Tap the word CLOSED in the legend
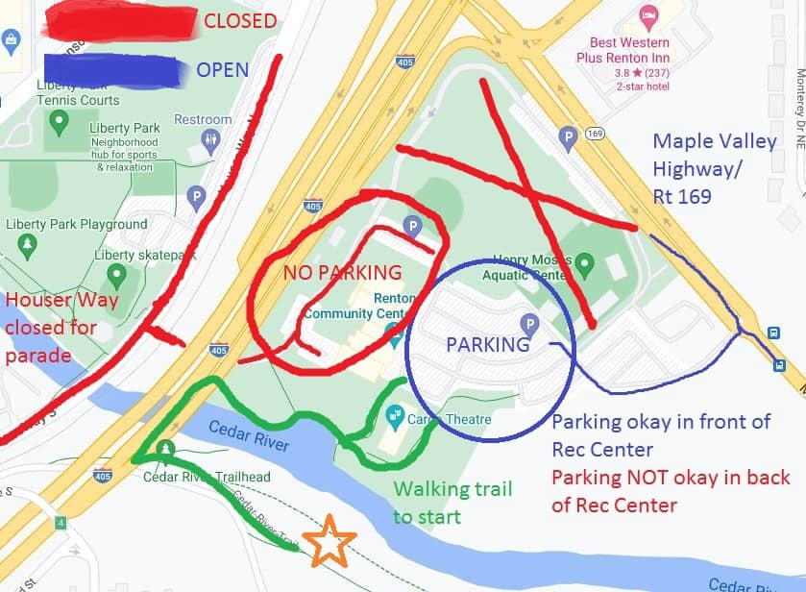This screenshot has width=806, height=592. [240, 21]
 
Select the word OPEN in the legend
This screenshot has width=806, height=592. [222, 70]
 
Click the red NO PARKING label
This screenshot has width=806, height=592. [342, 273]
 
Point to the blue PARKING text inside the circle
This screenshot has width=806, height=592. [488, 344]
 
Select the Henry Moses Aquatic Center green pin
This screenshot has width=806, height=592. [583, 262]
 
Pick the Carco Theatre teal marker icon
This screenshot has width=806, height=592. [394, 416]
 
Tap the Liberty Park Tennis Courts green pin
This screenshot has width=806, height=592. [59, 122]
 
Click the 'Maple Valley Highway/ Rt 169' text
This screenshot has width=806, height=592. [714, 169]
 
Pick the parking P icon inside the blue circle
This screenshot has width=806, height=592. [527, 323]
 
